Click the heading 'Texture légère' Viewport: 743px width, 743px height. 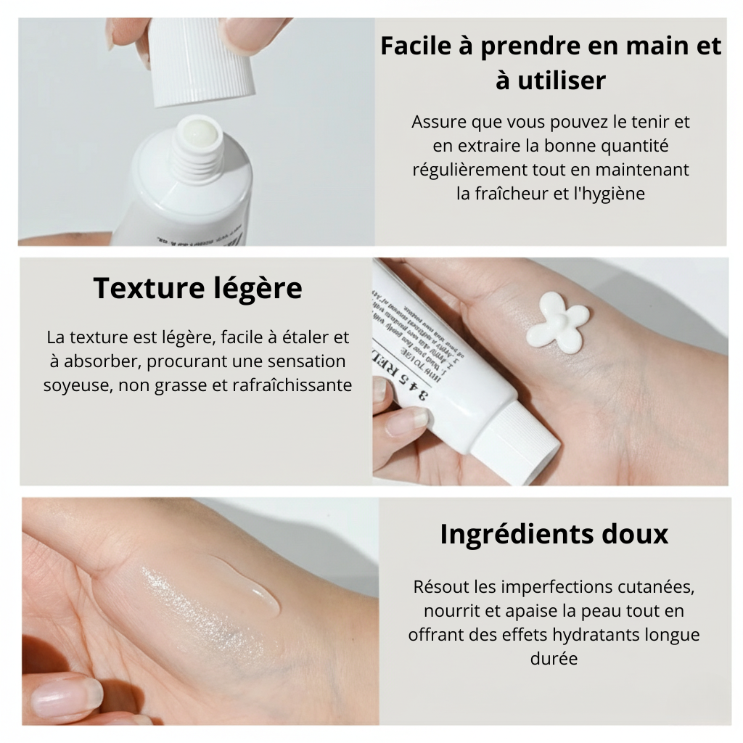(197, 289)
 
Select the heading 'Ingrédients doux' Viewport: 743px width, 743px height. (554, 534)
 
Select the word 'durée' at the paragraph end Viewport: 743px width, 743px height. (554, 660)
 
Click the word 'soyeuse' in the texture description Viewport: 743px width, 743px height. (73, 385)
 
